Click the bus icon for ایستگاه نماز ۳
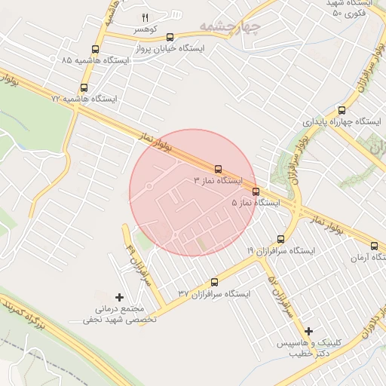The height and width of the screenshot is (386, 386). coord(219,169)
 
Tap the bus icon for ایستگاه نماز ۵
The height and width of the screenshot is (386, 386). coord(256,191)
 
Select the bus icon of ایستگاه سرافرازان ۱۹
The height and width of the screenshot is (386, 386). coord(281,238)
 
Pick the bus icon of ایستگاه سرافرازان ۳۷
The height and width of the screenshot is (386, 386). coord(214,282)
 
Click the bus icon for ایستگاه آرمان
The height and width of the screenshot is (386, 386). coord(375,246)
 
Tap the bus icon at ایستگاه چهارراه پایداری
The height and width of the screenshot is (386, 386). coord(342,110)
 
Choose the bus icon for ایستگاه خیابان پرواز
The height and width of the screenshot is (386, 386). coord(170,36)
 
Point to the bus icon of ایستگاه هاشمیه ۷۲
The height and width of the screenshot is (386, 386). coord(84,87)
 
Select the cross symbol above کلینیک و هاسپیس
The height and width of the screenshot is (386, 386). coord(308,331)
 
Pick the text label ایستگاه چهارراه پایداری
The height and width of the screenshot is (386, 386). coord(342,121)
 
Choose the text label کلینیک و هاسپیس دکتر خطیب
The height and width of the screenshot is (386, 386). coord(308,348)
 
